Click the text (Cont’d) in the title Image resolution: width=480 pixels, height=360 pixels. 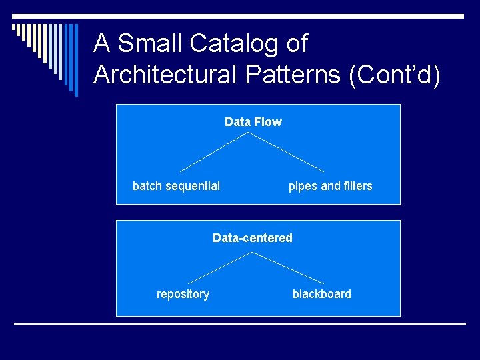click(395, 75)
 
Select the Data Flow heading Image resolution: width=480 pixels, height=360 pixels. click(253, 122)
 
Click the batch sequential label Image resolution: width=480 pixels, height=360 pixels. click(176, 186)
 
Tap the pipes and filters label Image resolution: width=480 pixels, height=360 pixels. click(330, 186)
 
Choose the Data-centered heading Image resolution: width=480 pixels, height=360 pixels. click(252, 238)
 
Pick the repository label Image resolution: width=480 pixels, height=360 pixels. click(183, 294)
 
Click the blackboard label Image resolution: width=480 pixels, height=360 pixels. click(321, 294)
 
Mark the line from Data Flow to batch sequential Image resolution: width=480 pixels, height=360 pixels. click(213, 152)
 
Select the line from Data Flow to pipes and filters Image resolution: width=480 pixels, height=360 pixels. click(287, 152)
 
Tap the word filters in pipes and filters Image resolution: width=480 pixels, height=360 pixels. click(358, 186)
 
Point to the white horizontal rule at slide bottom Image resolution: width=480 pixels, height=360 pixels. click(240, 324)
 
